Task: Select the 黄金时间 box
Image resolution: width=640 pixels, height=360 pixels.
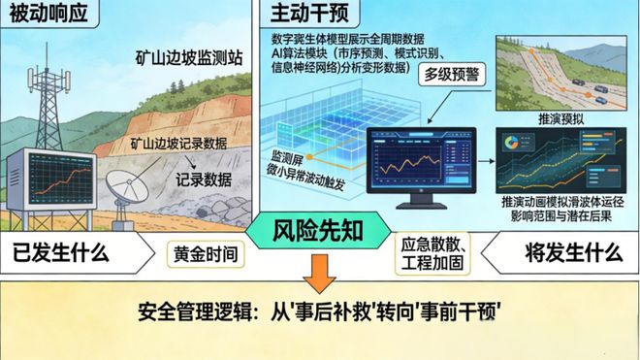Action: tap(203, 255)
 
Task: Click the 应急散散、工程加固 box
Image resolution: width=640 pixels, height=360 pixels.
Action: tap(424, 254)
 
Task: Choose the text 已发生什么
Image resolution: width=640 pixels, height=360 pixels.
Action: tap(62, 255)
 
